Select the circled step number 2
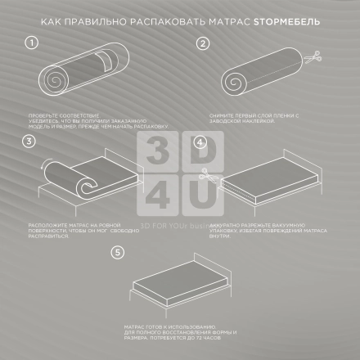201,43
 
